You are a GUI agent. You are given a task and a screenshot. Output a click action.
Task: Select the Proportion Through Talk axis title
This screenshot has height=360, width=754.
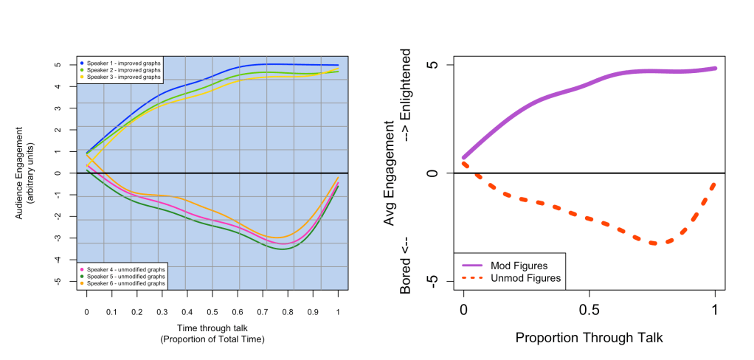[x=589, y=338]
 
